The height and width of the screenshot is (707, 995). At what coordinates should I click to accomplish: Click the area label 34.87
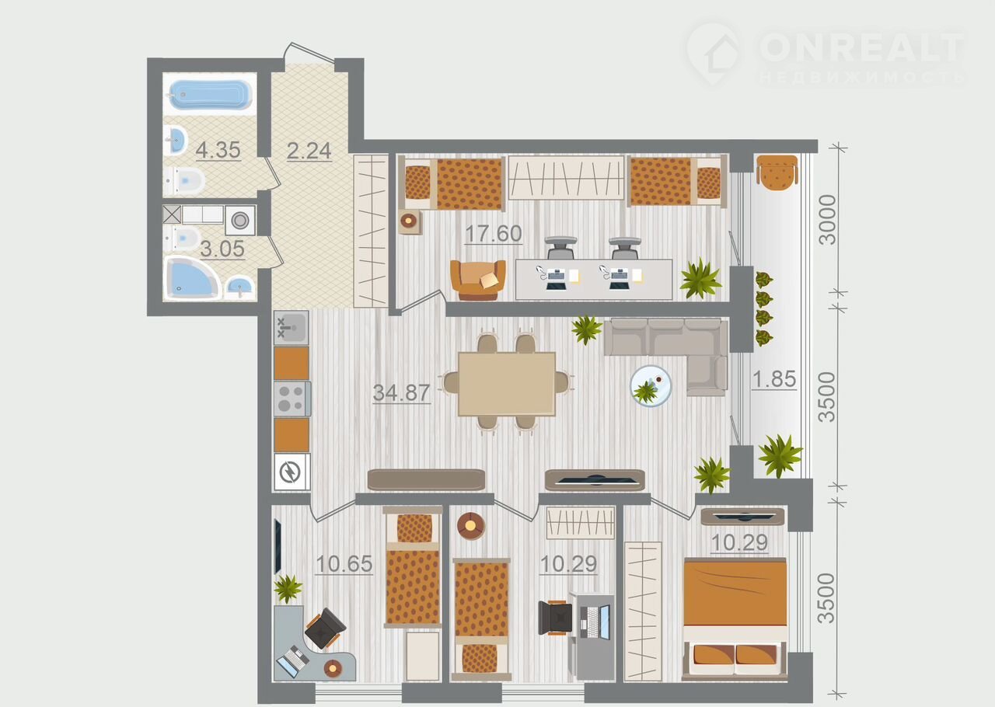[x=402, y=392]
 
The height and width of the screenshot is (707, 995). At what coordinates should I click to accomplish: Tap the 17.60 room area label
[x=494, y=234]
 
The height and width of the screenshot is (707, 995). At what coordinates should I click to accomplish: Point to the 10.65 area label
[x=344, y=564]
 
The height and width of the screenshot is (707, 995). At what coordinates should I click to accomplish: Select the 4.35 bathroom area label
[x=218, y=150]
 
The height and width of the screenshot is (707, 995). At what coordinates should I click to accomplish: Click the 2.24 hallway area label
[x=309, y=151]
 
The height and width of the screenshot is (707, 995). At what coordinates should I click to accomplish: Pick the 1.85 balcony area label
[x=774, y=379]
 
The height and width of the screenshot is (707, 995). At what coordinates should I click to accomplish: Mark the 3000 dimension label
[x=828, y=221]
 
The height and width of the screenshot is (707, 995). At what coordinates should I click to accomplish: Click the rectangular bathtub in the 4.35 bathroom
[x=210, y=94]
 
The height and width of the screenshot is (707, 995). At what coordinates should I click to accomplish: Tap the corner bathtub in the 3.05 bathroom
[x=192, y=277]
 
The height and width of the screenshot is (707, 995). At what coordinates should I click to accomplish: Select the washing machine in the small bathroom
[x=240, y=221]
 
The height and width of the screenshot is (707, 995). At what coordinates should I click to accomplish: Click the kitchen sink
[x=291, y=328]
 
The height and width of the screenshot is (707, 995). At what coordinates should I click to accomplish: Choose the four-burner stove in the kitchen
[x=292, y=399]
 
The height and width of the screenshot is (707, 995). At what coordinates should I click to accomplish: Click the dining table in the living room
[x=507, y=384]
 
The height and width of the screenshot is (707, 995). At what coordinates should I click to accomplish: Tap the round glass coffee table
[x=651, y=386]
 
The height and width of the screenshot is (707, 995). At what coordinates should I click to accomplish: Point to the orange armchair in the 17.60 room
[x=477, y=280]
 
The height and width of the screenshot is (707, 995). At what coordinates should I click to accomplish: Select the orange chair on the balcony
[x=777, y=172]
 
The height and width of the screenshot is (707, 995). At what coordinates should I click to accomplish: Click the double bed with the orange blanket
[x=735, y=618]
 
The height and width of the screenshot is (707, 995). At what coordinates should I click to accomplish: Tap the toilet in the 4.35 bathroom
[x=185, y=182]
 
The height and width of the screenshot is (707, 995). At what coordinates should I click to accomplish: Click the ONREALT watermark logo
[x=826, y=54]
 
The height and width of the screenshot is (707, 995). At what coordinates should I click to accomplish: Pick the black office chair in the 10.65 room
[x=325, y=628]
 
